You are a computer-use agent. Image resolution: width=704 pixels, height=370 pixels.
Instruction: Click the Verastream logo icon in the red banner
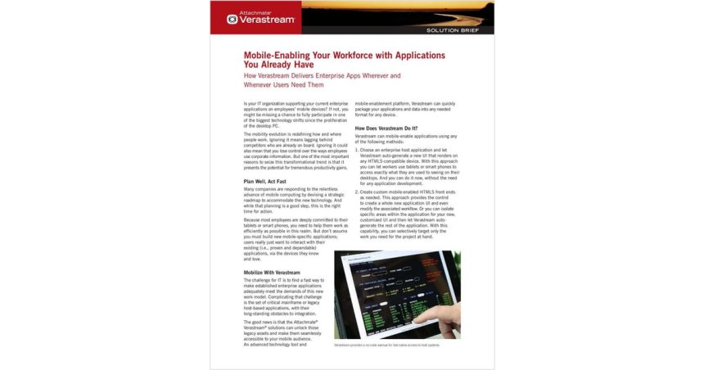(232, 19)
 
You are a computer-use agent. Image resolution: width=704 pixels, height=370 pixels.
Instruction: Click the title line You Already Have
(278, 65)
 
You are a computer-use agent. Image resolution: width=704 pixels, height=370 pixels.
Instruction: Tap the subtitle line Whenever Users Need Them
(283, 84)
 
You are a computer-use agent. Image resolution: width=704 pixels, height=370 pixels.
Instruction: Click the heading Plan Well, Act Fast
(265, 181)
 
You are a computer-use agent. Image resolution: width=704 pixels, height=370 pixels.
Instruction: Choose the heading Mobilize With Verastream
(272, 272)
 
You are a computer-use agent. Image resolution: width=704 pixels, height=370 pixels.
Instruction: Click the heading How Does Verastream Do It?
(386, 128)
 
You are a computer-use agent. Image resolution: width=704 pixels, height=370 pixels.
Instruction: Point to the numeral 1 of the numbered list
(357, 150)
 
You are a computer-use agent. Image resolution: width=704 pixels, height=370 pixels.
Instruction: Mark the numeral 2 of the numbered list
(357, 191)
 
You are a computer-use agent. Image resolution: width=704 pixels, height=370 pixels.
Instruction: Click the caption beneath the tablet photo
(387, 345)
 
